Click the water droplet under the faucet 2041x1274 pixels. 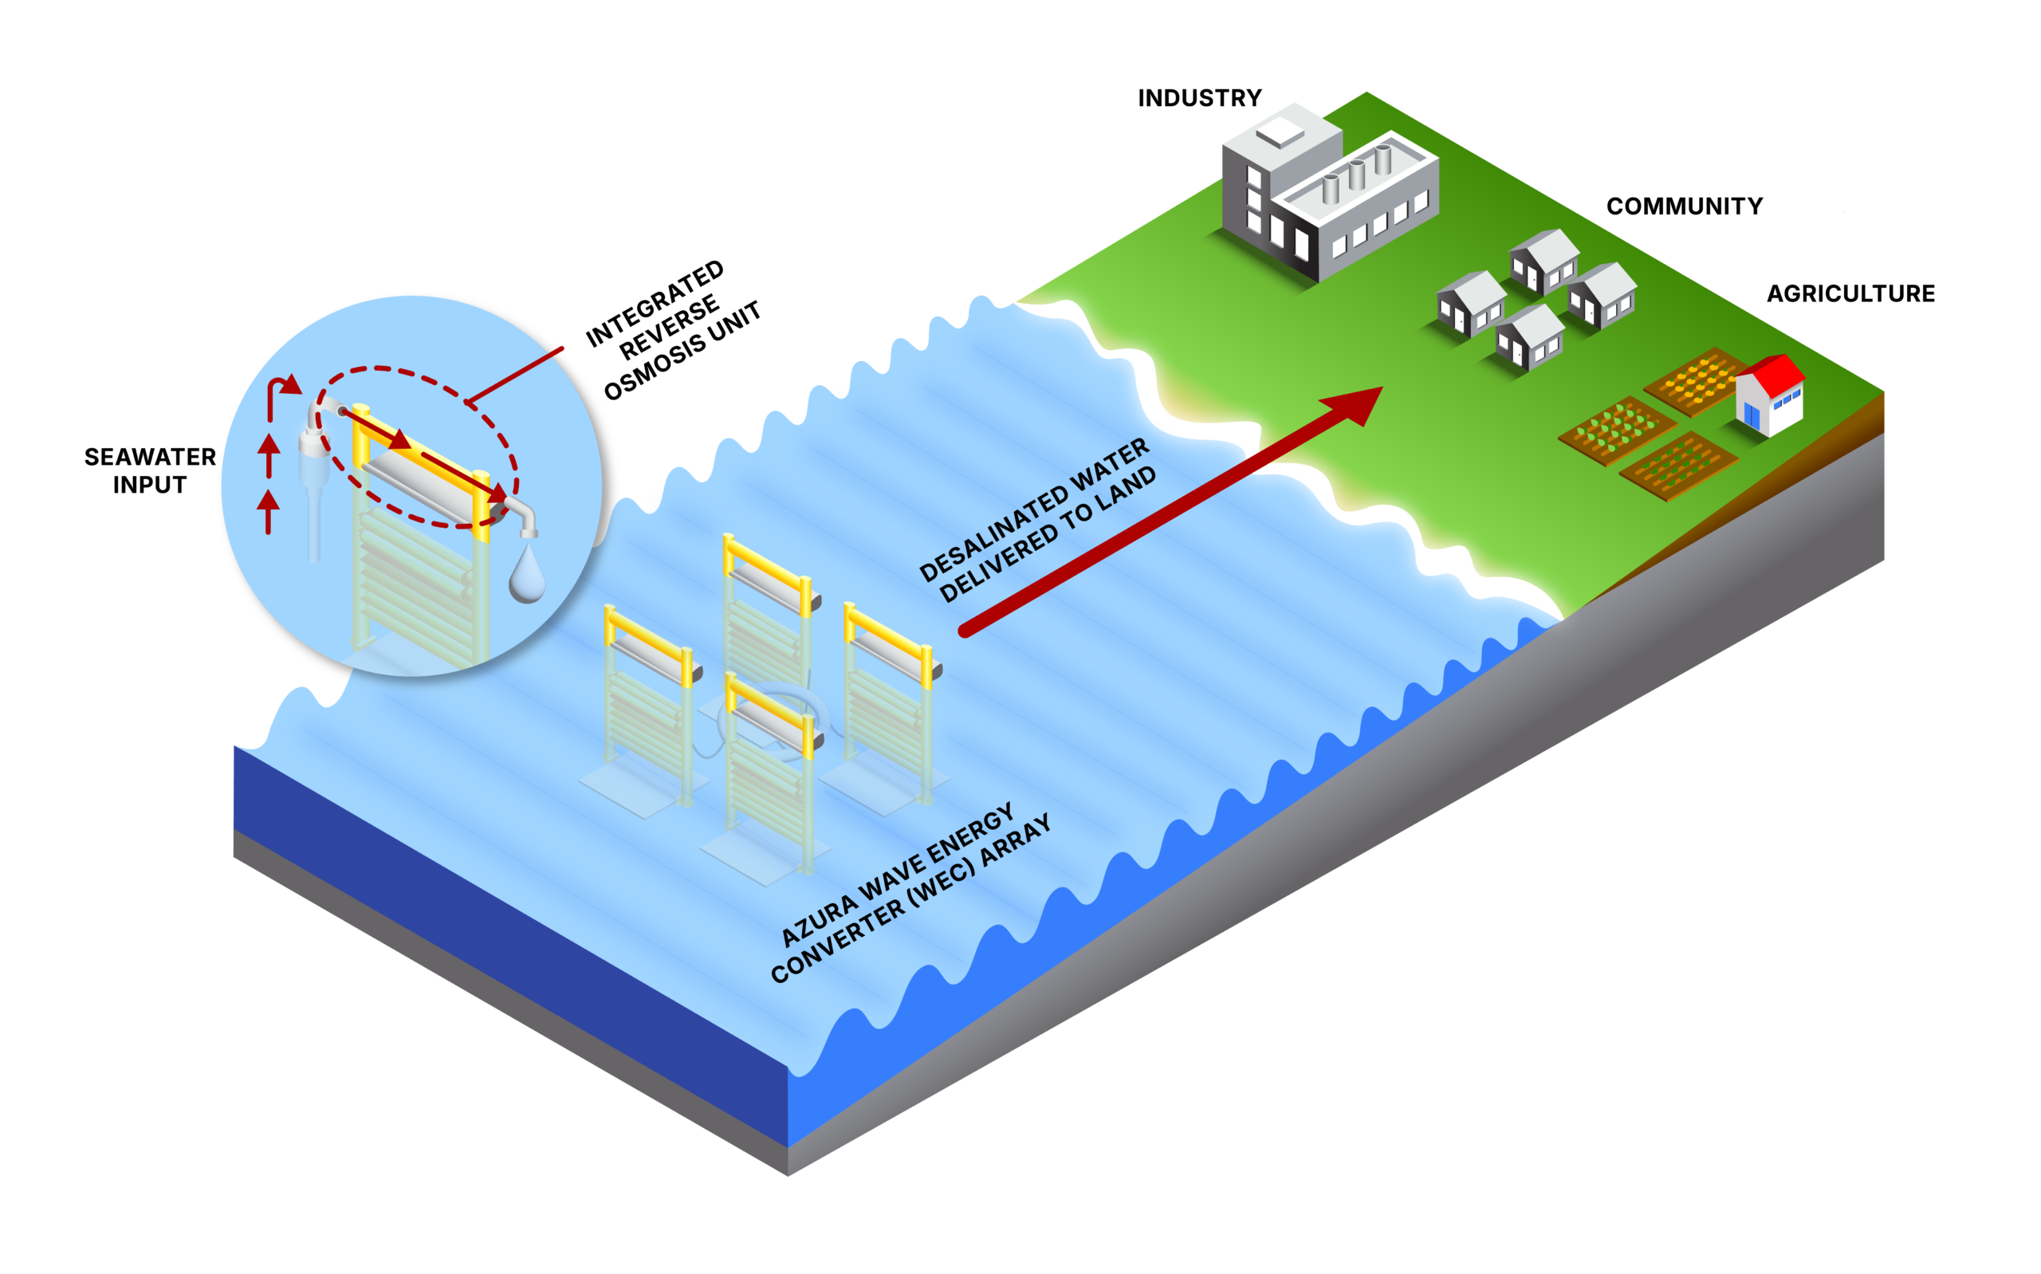(x=526, y=576)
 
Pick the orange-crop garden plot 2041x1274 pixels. (x=1695, y=382)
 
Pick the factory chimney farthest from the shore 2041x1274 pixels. (x=1384, y=159)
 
